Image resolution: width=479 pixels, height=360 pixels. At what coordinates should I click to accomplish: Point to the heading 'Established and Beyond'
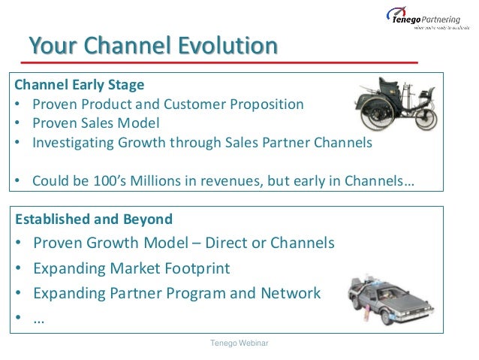pos(94,219)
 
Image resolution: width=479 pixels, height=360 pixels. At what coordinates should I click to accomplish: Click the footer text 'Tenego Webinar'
pos(239,343)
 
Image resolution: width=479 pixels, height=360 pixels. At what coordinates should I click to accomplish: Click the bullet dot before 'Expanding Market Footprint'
pos(18,268)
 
